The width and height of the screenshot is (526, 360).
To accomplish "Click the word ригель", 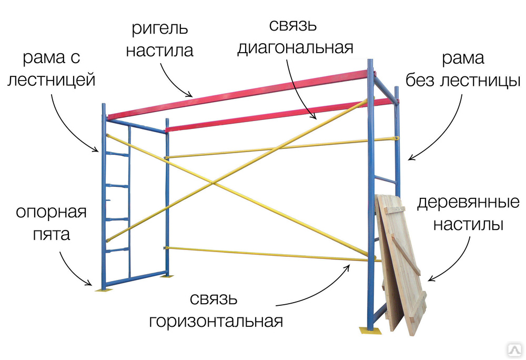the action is coord(160,29).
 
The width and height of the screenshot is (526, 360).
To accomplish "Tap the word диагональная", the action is coord(296,48).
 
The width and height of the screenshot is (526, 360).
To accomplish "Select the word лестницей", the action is coord(52,81).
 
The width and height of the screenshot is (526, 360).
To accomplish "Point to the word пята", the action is coord(52,234).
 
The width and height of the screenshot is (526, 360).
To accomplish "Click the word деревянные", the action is coord(468,203).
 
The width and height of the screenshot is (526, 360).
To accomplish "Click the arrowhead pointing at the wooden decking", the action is coord(432,278).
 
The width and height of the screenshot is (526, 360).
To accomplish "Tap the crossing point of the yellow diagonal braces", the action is coord(213,183).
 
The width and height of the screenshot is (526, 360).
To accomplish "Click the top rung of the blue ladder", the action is coord(117,154).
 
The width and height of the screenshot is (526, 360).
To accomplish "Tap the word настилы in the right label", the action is coord(468,224).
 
